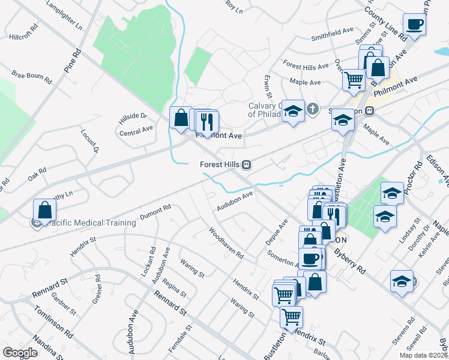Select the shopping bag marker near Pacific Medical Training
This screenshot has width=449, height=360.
coord(44,211)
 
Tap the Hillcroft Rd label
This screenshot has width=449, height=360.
coord(24,37)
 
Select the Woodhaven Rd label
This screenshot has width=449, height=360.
coord(226,243)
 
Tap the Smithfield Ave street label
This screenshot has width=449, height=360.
coord(332,34)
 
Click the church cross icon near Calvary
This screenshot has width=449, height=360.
coord(312,109)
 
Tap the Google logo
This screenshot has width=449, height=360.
coord(20,353)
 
